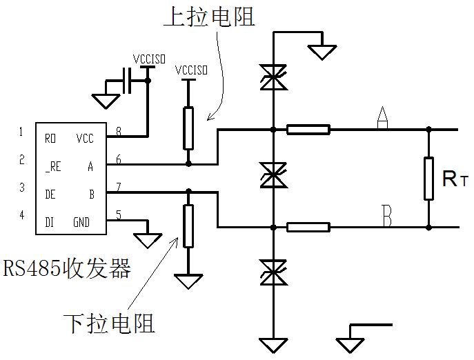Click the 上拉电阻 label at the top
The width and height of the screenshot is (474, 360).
[x=208, y=17]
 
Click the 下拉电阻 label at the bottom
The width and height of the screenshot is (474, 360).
[x=108, y=322]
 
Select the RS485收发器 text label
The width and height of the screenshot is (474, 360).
[x=67, y=268]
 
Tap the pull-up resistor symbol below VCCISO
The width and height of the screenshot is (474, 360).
[x=188, y=128]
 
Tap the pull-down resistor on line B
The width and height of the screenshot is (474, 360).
[x=188, y=226]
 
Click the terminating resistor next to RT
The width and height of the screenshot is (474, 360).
[x=428, y=178]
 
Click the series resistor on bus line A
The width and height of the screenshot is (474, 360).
[x=308, y=129]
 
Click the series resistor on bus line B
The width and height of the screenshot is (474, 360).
[x=308, y=226]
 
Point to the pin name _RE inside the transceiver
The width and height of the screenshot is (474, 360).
[x=52, y=166]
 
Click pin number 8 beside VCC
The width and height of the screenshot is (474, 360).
[x=119, y=131]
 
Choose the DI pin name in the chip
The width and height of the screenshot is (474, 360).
[x=50, y=222]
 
